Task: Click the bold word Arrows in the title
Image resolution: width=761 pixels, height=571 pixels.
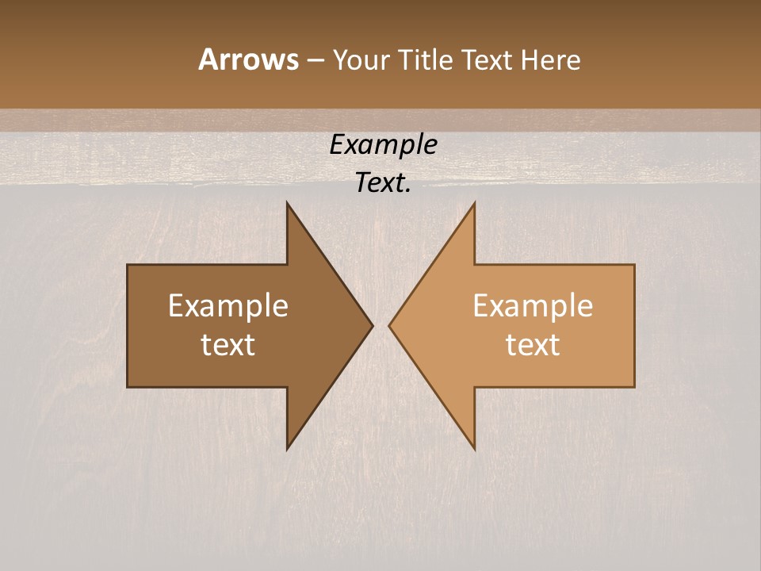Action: coord(248,59)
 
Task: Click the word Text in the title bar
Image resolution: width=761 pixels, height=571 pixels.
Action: coord(488,59)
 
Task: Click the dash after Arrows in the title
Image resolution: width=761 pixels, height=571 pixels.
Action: coord(315,60)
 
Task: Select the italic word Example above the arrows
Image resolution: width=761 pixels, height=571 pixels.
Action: coord(384,144)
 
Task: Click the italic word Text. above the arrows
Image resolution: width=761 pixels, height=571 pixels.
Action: coord(384,182)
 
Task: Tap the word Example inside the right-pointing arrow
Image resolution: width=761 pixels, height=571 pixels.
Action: coord(228,306)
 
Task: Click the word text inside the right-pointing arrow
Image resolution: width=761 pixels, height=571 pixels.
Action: coord(228,344)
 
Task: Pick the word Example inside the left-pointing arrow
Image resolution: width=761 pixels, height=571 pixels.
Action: coord(533,306)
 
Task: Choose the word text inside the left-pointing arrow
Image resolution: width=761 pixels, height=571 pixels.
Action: coord(533,344)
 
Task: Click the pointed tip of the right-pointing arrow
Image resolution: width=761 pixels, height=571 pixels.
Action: coord(373,325)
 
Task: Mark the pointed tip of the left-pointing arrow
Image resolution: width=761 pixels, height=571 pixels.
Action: coord(389,325)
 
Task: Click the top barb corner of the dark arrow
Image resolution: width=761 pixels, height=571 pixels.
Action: coord(287,202)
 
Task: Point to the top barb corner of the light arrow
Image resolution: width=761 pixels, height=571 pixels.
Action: coord(475,202)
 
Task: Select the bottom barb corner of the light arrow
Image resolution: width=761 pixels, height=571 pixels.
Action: coord(475,450)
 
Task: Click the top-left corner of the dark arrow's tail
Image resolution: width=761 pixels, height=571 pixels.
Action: coord(128,265)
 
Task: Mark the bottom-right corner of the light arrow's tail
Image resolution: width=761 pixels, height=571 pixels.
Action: coord(634,387)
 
